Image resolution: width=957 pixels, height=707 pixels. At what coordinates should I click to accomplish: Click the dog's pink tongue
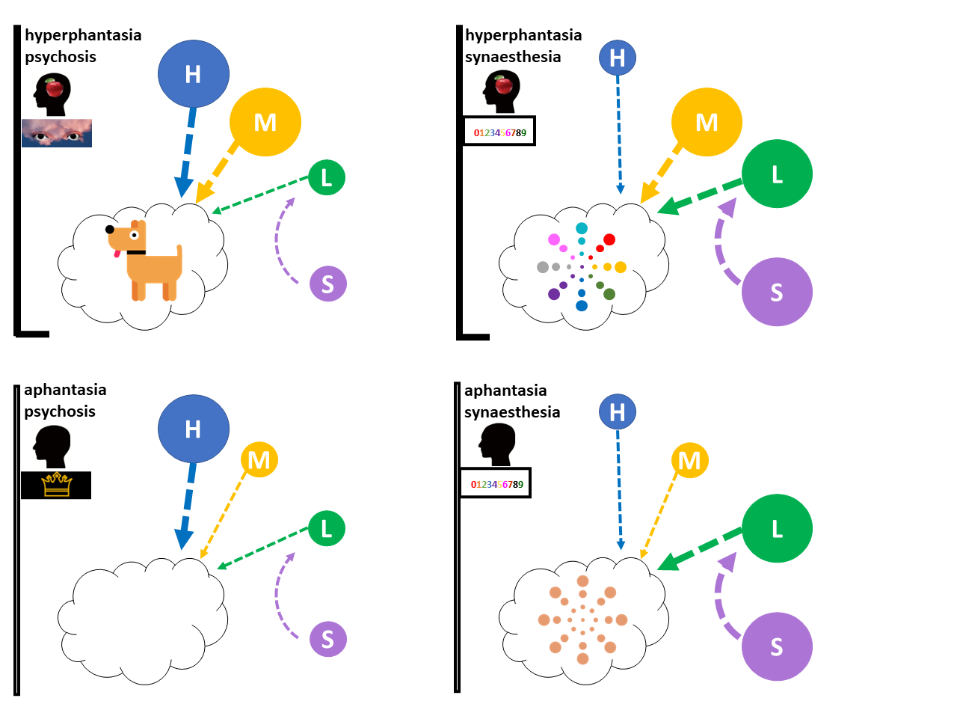click(x=116, y=254)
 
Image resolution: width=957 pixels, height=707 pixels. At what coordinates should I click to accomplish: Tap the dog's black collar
click(x=136, y=252)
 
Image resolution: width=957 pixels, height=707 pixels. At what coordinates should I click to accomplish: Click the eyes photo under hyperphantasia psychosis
click(x=57, y=132)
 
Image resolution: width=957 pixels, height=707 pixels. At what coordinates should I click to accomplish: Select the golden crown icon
click(x=56, y=485)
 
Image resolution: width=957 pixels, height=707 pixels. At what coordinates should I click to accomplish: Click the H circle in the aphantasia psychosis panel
click(x=193, y=429)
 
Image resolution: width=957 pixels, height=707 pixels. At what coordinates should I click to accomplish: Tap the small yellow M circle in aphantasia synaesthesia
click(x=689, y=460)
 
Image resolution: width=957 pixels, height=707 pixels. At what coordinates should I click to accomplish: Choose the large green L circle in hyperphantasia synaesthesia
click(x=777, y=175)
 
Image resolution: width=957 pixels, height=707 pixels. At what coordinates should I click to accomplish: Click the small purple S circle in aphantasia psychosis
click(x=327, y=639)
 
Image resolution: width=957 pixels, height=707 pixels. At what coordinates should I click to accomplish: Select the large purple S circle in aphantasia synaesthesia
click(x=777, y=646)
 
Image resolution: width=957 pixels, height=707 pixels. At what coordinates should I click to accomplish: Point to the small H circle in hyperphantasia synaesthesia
click(x=618, y=58)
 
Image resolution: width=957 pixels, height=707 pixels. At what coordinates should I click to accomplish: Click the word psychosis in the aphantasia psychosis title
click(x=60, y=411)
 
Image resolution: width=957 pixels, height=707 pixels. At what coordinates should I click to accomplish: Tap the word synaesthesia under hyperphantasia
click(x=513, y=57)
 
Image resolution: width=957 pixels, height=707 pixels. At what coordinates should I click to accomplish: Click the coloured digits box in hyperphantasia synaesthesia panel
click(x=499, y=133)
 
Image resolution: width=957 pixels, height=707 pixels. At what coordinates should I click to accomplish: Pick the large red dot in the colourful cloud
click(x=609, y=239)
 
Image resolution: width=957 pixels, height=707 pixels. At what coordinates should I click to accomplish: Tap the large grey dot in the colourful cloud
click(x=543, y=267)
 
